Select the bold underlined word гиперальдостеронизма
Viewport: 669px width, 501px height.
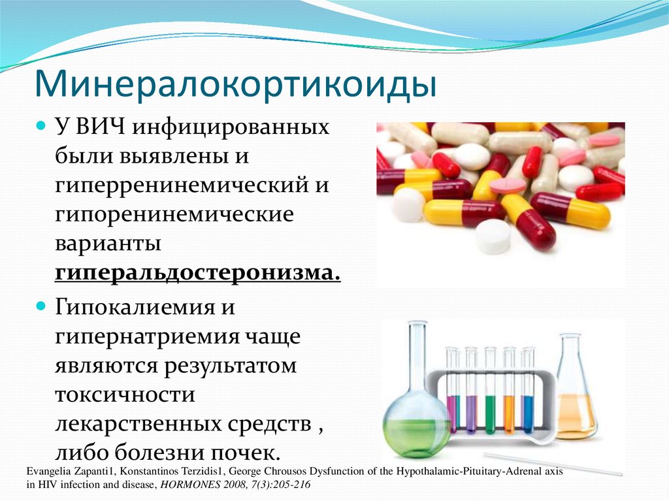198,272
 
